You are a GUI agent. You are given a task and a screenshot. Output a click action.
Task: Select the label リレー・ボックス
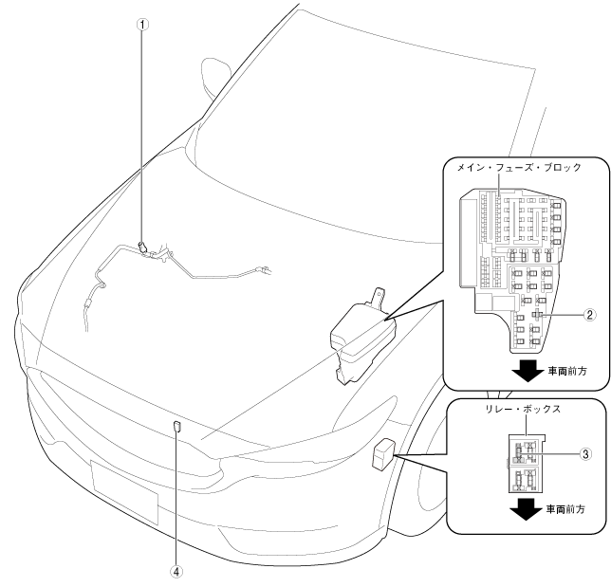[518, 411]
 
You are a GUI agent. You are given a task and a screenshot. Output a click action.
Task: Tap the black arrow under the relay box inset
[524, 509]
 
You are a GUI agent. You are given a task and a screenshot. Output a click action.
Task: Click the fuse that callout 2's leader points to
[536, 314]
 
